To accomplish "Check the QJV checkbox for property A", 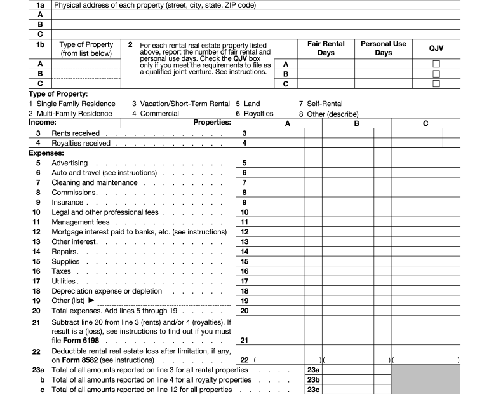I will [x=436, y=64].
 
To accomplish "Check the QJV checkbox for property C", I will [x=436, y=83].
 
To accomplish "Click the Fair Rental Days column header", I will [x=326, y=49].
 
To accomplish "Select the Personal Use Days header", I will [x=383, y=49].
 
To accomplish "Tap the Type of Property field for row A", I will [x=86, y=64].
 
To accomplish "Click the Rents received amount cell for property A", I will [x=278, y=133].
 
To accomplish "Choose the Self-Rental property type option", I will [x=324, y=104].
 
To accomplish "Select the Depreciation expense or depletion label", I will [x=107, y=291].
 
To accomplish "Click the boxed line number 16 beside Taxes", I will [x=245, y=271].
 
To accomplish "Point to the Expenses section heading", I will [x=46, y=153].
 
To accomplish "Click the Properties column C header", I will [x=425, y=124].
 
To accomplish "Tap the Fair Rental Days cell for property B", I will [x=326, y=74].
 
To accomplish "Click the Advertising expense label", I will [x=69, y=163].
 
